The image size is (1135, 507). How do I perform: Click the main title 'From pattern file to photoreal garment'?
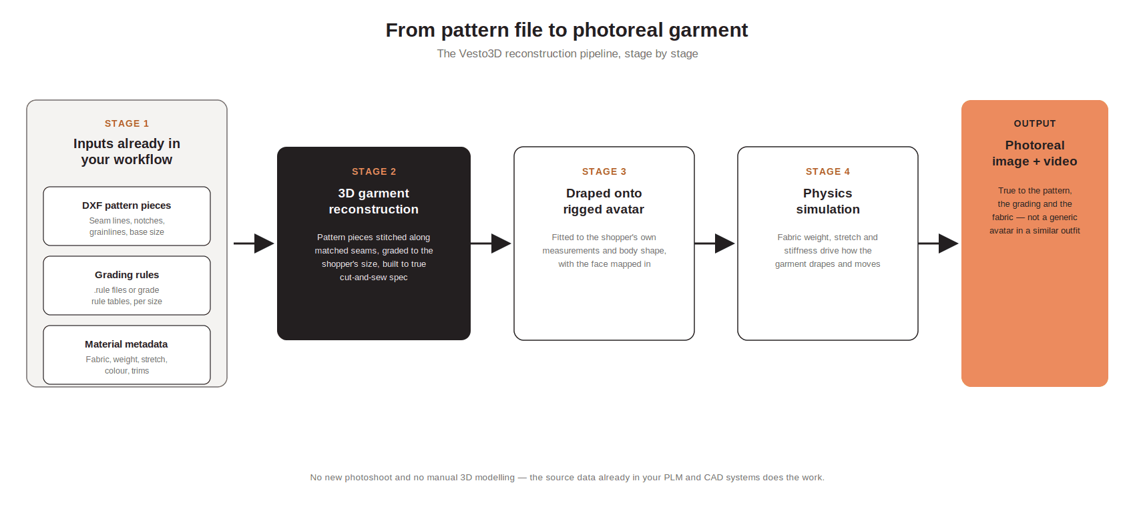(x=566, y=30)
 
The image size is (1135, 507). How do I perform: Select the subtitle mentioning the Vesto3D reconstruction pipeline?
(x=567, y=53)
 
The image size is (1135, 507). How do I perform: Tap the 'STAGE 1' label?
(x=127, y=123)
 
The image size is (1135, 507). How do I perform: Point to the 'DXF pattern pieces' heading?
(x=127, y=205)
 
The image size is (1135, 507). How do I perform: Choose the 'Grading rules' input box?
(x=127, y=286)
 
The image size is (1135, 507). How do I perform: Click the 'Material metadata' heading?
(x=127, y=344)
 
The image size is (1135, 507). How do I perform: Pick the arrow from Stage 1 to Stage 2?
(x=254, y=243)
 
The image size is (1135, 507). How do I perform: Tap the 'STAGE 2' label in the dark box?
(x=374, y=171)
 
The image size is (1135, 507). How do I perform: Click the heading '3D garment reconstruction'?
(x=374, y=201)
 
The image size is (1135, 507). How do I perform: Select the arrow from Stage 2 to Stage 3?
(x=491, y=243)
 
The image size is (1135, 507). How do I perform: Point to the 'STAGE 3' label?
(x=604, y=171)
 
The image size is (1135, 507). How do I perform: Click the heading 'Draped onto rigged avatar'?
(x=604, y=201)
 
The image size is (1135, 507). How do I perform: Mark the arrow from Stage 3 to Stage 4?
(x=715, y=243)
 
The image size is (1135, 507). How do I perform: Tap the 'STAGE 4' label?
(x=828, y=171)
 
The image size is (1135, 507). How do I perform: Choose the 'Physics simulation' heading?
(x=828, y=201)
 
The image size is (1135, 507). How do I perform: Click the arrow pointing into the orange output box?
(x=939, y=243)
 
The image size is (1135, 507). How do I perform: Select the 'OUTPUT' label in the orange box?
(x=1035, y=123)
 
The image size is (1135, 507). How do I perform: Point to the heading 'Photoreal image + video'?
(x=1035, y=153)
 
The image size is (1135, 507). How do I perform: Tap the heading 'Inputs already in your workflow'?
(x=127, y=151)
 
